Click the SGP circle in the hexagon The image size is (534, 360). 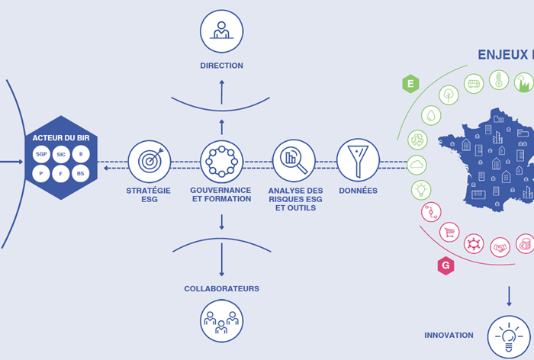click(x=41, y=154)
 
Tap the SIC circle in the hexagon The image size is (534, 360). click(x=61, y=154)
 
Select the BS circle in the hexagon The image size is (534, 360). click(x=81, y=173)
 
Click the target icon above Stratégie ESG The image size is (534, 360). click(x=150, y=162)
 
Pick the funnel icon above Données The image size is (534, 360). click(x=358, y=160)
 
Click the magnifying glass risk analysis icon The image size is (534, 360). click(x=294, y=160)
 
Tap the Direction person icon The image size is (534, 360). click(x=222, y=31)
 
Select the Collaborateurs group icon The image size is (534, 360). click(x=222, y=321)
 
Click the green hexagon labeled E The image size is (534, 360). click(x=410, y=84)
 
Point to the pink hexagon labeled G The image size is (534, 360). click(x=446, y=265)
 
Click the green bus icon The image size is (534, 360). click(x=474, y=84)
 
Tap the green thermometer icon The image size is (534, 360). click(x=499, y=80)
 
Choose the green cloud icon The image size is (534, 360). click(x=417, y=166)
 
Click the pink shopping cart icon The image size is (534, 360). click(x=449, y=233)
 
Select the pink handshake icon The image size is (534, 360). click(x=500, y=247)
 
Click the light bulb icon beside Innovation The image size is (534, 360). click(x=509, y=337)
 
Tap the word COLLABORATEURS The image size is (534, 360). click(x=222, y=289)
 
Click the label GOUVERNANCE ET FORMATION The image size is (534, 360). click(x=221, y=194)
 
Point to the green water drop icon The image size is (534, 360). click(x=431, y=115)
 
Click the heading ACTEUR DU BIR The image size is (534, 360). click(x=61, y=138)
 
